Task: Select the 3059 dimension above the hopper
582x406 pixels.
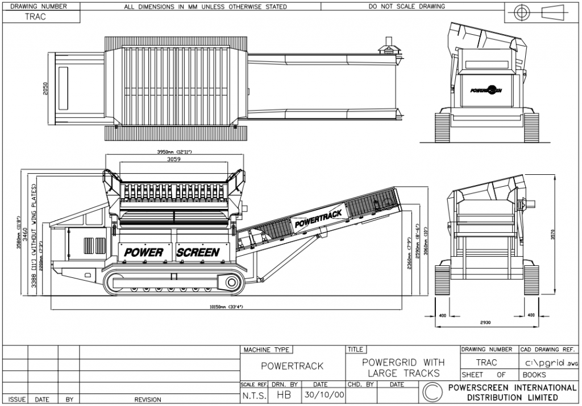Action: click(173, 160)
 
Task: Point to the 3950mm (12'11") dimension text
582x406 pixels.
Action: click(174, 152)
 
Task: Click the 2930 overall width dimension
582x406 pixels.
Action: click(485, 322)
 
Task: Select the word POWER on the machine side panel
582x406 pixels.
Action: click(144, 252)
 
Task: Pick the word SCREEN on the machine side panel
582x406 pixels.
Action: click(198, 252)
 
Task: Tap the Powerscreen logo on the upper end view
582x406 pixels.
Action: click(485, 90)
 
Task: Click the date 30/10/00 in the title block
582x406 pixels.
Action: click(320, 394)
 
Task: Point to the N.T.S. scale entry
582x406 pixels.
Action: click(253, 394)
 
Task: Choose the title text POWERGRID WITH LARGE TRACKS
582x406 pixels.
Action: click(402, 368)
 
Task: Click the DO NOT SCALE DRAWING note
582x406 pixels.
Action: click(406, 7)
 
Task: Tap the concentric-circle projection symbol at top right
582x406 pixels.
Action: click(521, 12)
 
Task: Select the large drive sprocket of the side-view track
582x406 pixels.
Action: click(231, 282)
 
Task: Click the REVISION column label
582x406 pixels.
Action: click(147, 400)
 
